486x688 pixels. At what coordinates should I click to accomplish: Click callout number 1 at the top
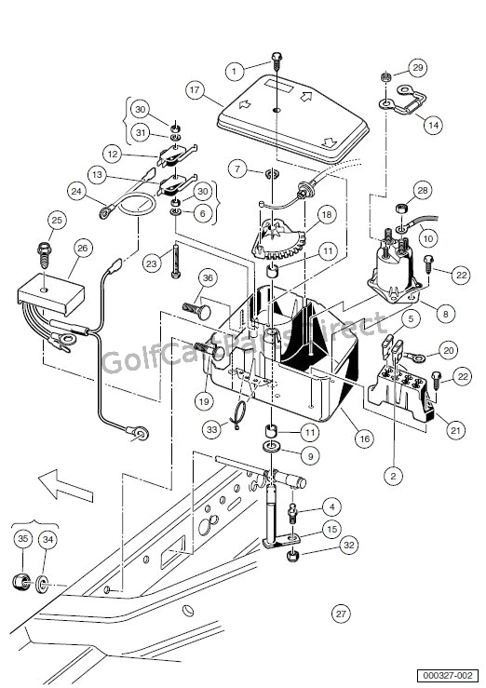[x=236, y=70]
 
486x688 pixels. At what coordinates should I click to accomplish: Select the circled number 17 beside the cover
[x=194, y=90]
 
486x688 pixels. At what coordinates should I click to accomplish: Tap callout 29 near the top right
[x=418, y=68]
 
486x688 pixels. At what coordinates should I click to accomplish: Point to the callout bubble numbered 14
[x=432, y=123]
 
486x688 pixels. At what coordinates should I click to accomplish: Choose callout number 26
[x=83, y=248]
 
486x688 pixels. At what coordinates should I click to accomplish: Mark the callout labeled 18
[x=326, y=215]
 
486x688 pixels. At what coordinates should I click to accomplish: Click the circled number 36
[x=209, y=277]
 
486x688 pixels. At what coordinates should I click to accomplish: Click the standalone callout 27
[x=341, y=614]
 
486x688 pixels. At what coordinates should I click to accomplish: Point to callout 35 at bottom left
[x=22, y=538]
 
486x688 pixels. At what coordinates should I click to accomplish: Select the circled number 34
[x=49, y=538]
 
